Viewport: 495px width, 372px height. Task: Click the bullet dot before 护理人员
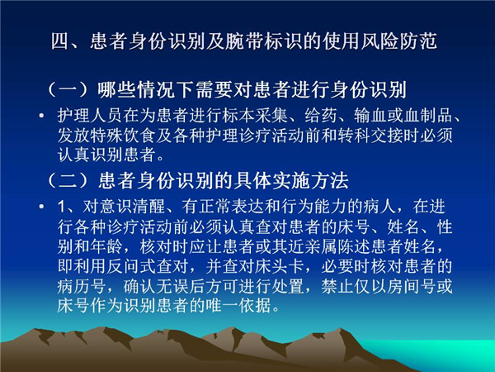click(x=41, y=116)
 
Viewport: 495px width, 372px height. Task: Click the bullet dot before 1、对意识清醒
click(x=41, y=207)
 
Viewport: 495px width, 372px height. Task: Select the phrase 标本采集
click(x=255, y=116)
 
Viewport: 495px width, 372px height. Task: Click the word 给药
click(x=321, y=116)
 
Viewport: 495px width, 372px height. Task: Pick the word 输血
click(x=370, y=116)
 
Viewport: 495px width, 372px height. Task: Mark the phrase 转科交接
click(x=370, y=136)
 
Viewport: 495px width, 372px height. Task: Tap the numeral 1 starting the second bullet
click(x=62, y=207)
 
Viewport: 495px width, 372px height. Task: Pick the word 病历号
click(x=82, y=286)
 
